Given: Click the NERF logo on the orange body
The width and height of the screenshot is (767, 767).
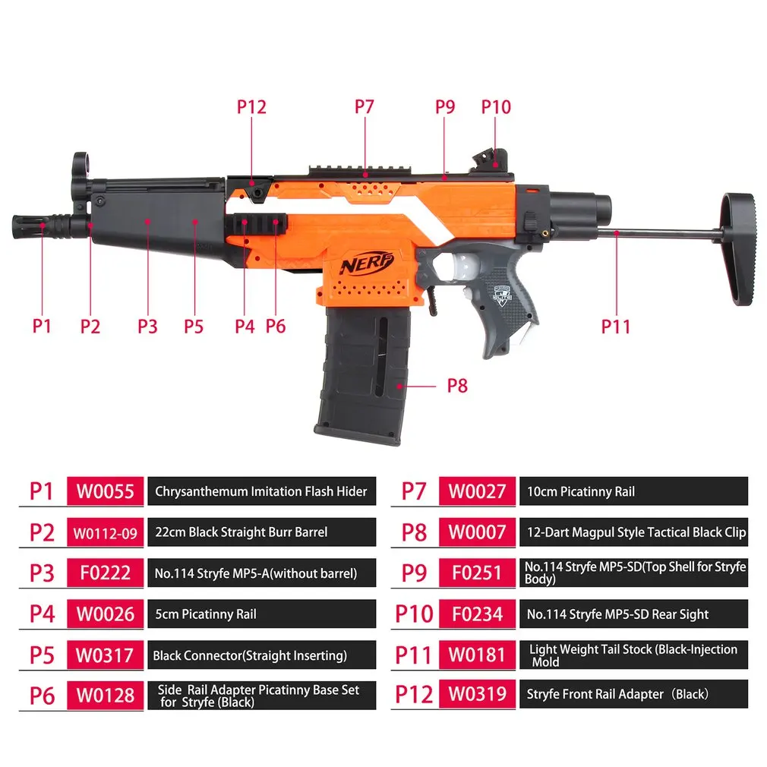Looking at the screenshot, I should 368,264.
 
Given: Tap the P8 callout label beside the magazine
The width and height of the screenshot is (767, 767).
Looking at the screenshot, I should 456,386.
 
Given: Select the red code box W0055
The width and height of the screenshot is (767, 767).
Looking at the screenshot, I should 105,491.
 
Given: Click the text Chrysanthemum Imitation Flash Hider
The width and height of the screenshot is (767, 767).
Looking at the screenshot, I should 260,491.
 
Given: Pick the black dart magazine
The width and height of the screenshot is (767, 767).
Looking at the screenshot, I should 362,377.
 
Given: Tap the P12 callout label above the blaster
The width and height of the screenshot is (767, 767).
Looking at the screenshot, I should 251,107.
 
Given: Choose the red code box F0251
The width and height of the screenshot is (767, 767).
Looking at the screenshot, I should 477,573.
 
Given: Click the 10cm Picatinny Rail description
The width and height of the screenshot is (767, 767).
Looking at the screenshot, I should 581,491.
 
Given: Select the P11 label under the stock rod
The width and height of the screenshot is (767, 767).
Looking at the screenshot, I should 616,327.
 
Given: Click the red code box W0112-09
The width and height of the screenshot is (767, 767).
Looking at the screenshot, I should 105,532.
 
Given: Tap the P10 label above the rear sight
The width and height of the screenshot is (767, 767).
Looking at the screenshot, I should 496,107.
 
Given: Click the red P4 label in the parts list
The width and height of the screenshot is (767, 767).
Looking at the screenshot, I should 42,614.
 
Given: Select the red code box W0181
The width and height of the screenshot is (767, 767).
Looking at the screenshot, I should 477,655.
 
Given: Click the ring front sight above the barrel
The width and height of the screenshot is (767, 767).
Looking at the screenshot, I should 80,163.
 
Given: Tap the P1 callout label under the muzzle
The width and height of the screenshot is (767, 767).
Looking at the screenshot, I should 42,327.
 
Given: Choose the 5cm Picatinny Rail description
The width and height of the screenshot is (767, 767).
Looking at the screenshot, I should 205,614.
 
